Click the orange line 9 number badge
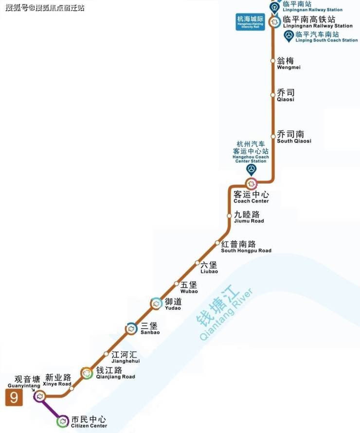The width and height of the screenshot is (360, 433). click(x=14, y=398)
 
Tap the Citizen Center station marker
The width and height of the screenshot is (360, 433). click(x=62, y=421)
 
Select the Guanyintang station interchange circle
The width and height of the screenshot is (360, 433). click(x=40, y=397)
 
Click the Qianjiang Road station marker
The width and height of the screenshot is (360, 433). click(x=87, y=373)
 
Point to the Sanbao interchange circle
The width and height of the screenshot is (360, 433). click(x=131, y=329)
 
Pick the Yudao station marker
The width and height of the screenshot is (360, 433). click(x=156, y=304)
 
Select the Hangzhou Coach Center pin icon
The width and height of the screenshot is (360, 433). click(x=252, y=170)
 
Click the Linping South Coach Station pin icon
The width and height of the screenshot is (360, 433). click(x=289, y=35)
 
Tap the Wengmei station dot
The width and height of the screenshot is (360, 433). click(x=273, y=61)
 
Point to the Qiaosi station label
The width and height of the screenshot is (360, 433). click(x=286, y=95)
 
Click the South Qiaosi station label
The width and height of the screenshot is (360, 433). click(x=293, y=137)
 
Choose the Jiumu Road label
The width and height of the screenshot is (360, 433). click(x=249, y=217)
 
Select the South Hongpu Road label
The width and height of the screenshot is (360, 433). click(x=246, y=247)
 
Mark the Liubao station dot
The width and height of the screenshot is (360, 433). click(x=198, y=263)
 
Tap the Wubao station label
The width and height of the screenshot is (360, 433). click(x=189, y=287)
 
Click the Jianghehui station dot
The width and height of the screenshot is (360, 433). click(x=107, y=354)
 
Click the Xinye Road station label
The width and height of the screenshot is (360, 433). click(x=58, y=380)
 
